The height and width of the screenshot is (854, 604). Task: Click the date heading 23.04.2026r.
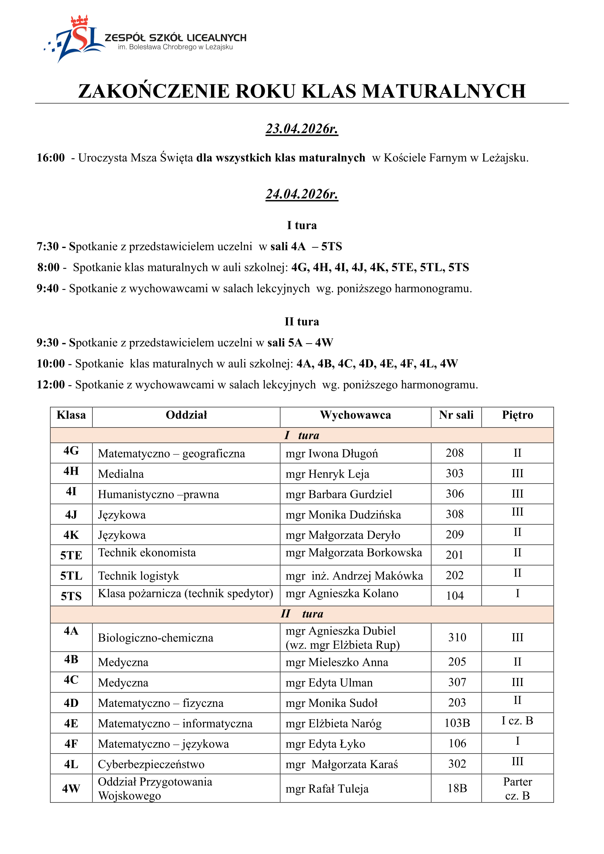point(302,129)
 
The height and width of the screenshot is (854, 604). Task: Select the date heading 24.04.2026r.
point(302,194)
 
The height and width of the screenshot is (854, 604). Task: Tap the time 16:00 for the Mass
point(51,158)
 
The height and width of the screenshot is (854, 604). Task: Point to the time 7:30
point(47,246)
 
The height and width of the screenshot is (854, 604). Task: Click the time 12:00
point(51,384)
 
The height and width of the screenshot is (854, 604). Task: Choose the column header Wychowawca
point(355,415)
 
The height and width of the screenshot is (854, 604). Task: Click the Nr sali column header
point(456,415)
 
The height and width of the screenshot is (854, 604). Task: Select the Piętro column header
point(517,415)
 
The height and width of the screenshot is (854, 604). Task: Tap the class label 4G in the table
point(71,451)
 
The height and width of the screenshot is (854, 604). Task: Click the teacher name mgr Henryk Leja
point(327,474)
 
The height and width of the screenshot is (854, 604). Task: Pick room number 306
point(455,494)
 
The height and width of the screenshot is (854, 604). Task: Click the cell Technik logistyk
point(138,576)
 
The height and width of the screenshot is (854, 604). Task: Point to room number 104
point(455,595)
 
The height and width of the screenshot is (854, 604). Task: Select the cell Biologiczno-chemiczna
point(156,638)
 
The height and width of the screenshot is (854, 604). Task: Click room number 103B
point(457,723)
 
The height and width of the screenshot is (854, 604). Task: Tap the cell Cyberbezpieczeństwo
point(151,764)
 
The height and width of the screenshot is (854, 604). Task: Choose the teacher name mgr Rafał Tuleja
point(327,789)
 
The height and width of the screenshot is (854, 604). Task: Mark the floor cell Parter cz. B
point(517,789)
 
